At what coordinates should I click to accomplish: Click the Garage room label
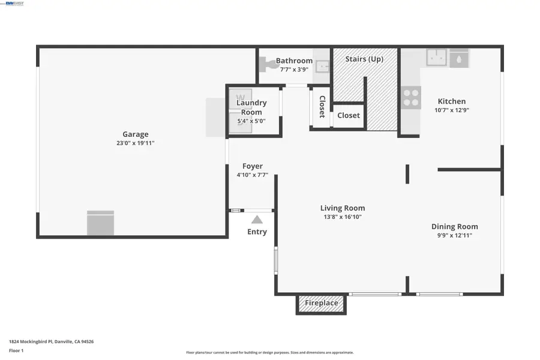tap(135, 134)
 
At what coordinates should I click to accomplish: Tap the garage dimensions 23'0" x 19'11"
tap(135, 143)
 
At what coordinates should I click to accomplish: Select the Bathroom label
tap(294, 61)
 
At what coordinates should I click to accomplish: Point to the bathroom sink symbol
tap(323, 66)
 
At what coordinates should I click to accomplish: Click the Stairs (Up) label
tap(364, 59)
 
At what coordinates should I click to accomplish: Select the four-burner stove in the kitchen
tap(411, 98)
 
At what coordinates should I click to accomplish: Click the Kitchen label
tap(451, 101)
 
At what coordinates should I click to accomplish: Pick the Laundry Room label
tap(251, 107)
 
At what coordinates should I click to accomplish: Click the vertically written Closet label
tap(322, 107)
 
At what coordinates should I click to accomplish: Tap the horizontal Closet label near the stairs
tap(349, 115)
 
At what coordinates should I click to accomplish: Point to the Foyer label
tap(252, 166)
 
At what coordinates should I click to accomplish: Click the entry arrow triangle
tap(257, 220)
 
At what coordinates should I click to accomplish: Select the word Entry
tap(257, 232)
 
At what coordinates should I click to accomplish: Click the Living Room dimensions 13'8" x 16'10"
tap(342, 217)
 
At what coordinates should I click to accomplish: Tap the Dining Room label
tap(454, 226)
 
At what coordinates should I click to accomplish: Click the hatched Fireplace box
tap(321, 304)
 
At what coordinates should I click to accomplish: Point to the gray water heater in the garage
tap(100, 223)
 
